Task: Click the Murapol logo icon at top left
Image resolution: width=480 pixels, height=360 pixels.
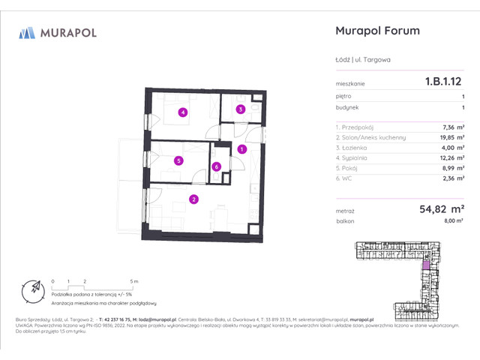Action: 28,32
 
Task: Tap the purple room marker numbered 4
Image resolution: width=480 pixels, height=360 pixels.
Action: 182,113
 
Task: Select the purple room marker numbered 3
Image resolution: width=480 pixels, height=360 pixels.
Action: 240,109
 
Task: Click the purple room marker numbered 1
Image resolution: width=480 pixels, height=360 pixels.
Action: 241,150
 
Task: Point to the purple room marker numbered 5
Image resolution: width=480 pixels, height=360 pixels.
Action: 178,160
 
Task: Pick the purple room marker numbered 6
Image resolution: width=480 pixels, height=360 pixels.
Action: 216,166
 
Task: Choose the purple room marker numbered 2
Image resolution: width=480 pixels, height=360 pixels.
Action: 193,199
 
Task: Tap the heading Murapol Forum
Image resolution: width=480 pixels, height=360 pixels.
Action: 376,31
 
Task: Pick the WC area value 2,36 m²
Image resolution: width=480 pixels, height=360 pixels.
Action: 452,179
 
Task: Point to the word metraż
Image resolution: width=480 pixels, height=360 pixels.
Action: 345,212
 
